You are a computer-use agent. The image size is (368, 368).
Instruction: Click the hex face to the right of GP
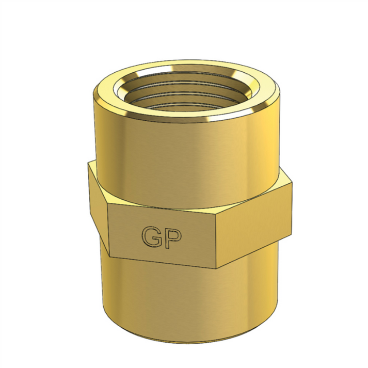[x=253, y=222]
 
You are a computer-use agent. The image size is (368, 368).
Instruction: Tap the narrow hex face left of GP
[x=98, y=206]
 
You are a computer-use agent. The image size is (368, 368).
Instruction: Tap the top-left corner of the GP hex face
[x=108, y=203]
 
